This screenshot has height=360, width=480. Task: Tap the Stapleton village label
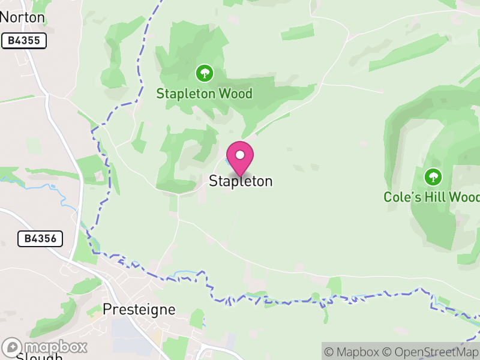pyautogui.click(x=241, y=181)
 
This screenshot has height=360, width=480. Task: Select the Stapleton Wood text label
pyautogui.click(x=204, y=94)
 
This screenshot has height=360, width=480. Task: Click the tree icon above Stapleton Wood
pyautogui.click(x=205, y=74)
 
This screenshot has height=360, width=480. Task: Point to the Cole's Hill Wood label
pyautogui.click(x=431, y=197)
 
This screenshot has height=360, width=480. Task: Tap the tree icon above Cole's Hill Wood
pyautogui.click(x=433, y=177)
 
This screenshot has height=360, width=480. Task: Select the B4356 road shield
pyautogui.click(x=40, y=238)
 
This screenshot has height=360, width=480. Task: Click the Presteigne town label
pyautogui.click(x=139, y=310)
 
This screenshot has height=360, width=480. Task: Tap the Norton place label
pyautogui.click(x=23, y=17)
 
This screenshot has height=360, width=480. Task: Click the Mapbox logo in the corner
pyautogui.click(x=45, y=347)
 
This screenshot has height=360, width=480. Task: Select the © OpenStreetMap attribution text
pyautogui.click(x=431, y=352)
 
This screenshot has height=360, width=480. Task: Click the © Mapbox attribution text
pyautogui.click(x=352, y=352)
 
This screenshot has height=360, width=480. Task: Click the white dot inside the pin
pyautogui.click(x=240, y=155)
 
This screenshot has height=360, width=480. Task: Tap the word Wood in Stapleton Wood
pyautogui.click(x=235, y=94)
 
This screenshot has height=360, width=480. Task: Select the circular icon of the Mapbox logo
pyautogui.click(x=13, y=347)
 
